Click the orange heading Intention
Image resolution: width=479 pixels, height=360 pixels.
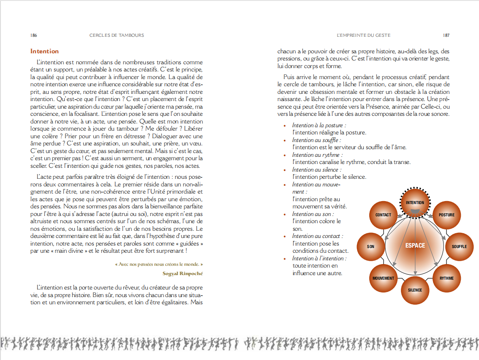click(44, 51)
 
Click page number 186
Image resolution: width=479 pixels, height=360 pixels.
click(33, 35)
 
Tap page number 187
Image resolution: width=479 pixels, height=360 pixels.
click(446, 35)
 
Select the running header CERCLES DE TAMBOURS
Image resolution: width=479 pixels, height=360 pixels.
click(117, 35)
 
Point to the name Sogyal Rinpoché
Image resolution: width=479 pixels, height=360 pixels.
click(182, 273)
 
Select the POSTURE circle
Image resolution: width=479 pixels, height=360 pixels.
click(446, 215)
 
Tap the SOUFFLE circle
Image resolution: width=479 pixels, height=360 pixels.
click(459, 246)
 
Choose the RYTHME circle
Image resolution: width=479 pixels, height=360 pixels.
click(446, 278)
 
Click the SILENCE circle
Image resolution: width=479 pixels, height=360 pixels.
click(415, 290)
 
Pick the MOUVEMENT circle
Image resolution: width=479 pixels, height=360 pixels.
click(383, 278)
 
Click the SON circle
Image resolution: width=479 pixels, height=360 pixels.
click(370, 246)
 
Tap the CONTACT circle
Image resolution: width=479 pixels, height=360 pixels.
click(383, 215)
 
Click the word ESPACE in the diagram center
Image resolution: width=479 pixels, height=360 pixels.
click(415, 245)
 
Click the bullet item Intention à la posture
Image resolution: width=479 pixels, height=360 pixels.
click(319, 125)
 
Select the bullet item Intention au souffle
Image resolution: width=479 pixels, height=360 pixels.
click(316, 140)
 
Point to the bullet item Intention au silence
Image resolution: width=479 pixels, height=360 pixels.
click(316, 170)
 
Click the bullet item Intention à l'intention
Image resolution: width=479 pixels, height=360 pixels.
click(319, 259)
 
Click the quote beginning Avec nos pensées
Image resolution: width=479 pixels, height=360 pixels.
click(159, 265)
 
